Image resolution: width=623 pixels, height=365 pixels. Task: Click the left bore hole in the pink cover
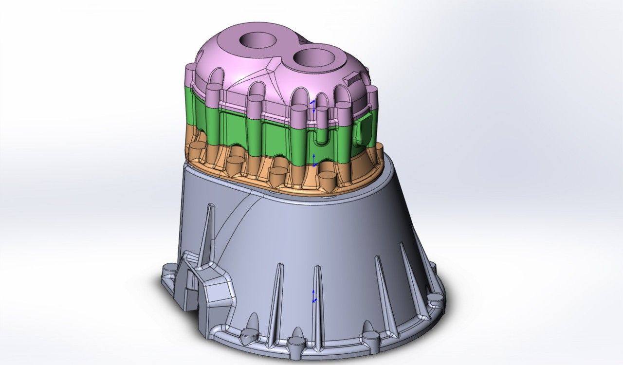[257, 40]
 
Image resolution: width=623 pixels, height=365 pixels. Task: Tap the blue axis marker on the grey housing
[314, 296]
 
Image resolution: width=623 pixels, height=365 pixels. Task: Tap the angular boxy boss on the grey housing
[214, 290]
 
